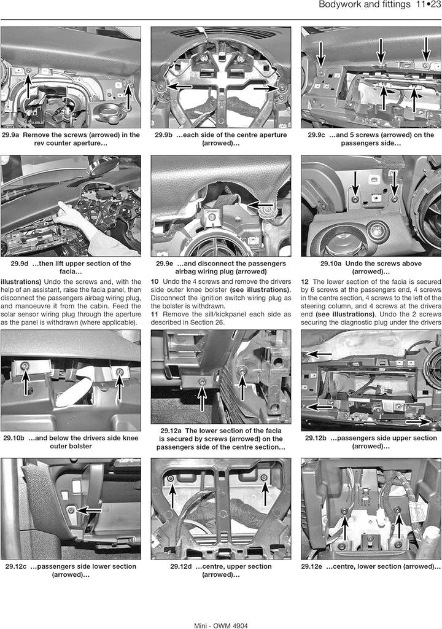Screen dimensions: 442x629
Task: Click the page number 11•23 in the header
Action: coord(428,5)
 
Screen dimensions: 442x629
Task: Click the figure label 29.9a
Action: coord(10,135)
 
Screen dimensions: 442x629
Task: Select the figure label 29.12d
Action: coord(181,566)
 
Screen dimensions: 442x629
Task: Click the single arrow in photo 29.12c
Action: coord(88,510)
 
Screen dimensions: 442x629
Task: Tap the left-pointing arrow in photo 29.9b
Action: coord(179,86)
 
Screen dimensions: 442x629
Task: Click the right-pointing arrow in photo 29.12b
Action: coord(418,422)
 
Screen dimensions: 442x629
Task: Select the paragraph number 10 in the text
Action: coord(155,281)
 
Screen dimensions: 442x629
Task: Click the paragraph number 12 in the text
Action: coord(304,281)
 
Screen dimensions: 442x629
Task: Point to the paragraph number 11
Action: coord(155,314)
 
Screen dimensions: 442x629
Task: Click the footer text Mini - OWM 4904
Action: coord(221,625)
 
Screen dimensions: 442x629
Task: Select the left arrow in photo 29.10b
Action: coord(26,383)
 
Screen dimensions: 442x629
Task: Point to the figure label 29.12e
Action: coord(312,566)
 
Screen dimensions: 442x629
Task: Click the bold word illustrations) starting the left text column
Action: coord(21,281)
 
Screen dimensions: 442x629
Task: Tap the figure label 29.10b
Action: coord(14,438)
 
